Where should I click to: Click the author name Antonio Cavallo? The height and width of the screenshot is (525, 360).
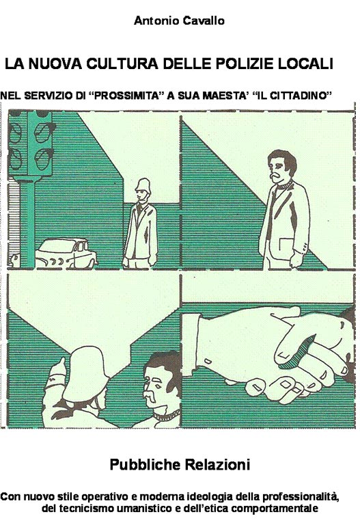click(179, 21)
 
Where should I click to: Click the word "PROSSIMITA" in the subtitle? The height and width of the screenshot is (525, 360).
click(127, 96)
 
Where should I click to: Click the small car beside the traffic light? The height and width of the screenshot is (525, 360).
click(66, 254)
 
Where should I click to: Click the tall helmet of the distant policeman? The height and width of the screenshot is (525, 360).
click(144, 185)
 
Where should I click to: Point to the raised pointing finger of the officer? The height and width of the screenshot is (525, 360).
click(62, 364)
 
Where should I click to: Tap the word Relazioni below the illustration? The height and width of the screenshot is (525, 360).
click(217, 465)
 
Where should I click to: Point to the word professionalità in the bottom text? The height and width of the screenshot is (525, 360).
click(300, 496)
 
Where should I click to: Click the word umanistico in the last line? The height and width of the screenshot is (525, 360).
click(143, 509)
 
